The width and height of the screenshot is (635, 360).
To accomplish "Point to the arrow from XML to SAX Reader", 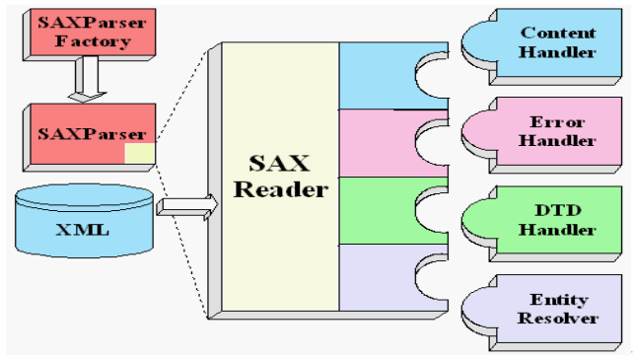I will coord(186,205).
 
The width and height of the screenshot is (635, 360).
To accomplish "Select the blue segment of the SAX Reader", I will coord(380,76).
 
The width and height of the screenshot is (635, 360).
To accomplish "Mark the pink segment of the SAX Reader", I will coord(380,143).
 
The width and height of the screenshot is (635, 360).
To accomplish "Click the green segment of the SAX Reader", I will coord(380,209).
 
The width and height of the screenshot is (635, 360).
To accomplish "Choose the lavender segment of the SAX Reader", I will coord(380,276).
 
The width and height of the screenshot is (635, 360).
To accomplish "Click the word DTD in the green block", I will coord(558,210).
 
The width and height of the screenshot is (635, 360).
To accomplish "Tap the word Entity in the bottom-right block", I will coord(559,299).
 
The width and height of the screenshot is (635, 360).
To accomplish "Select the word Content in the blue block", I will coord(559,33).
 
